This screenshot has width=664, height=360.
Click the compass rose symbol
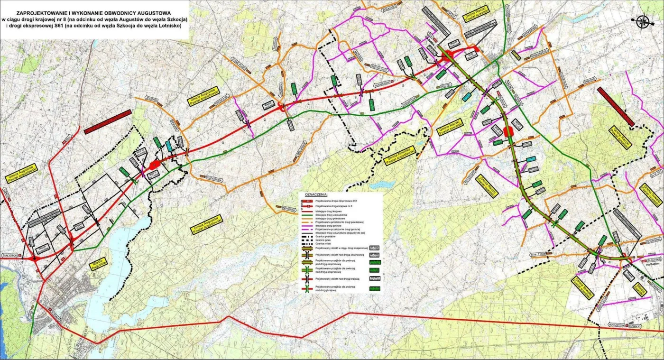[x=644, y=20]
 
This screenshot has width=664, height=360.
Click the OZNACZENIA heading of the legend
[x=317, y=195]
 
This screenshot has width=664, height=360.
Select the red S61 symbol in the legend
[x=308, y=201]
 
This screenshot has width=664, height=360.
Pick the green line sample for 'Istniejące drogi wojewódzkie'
[x=308, y=214]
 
